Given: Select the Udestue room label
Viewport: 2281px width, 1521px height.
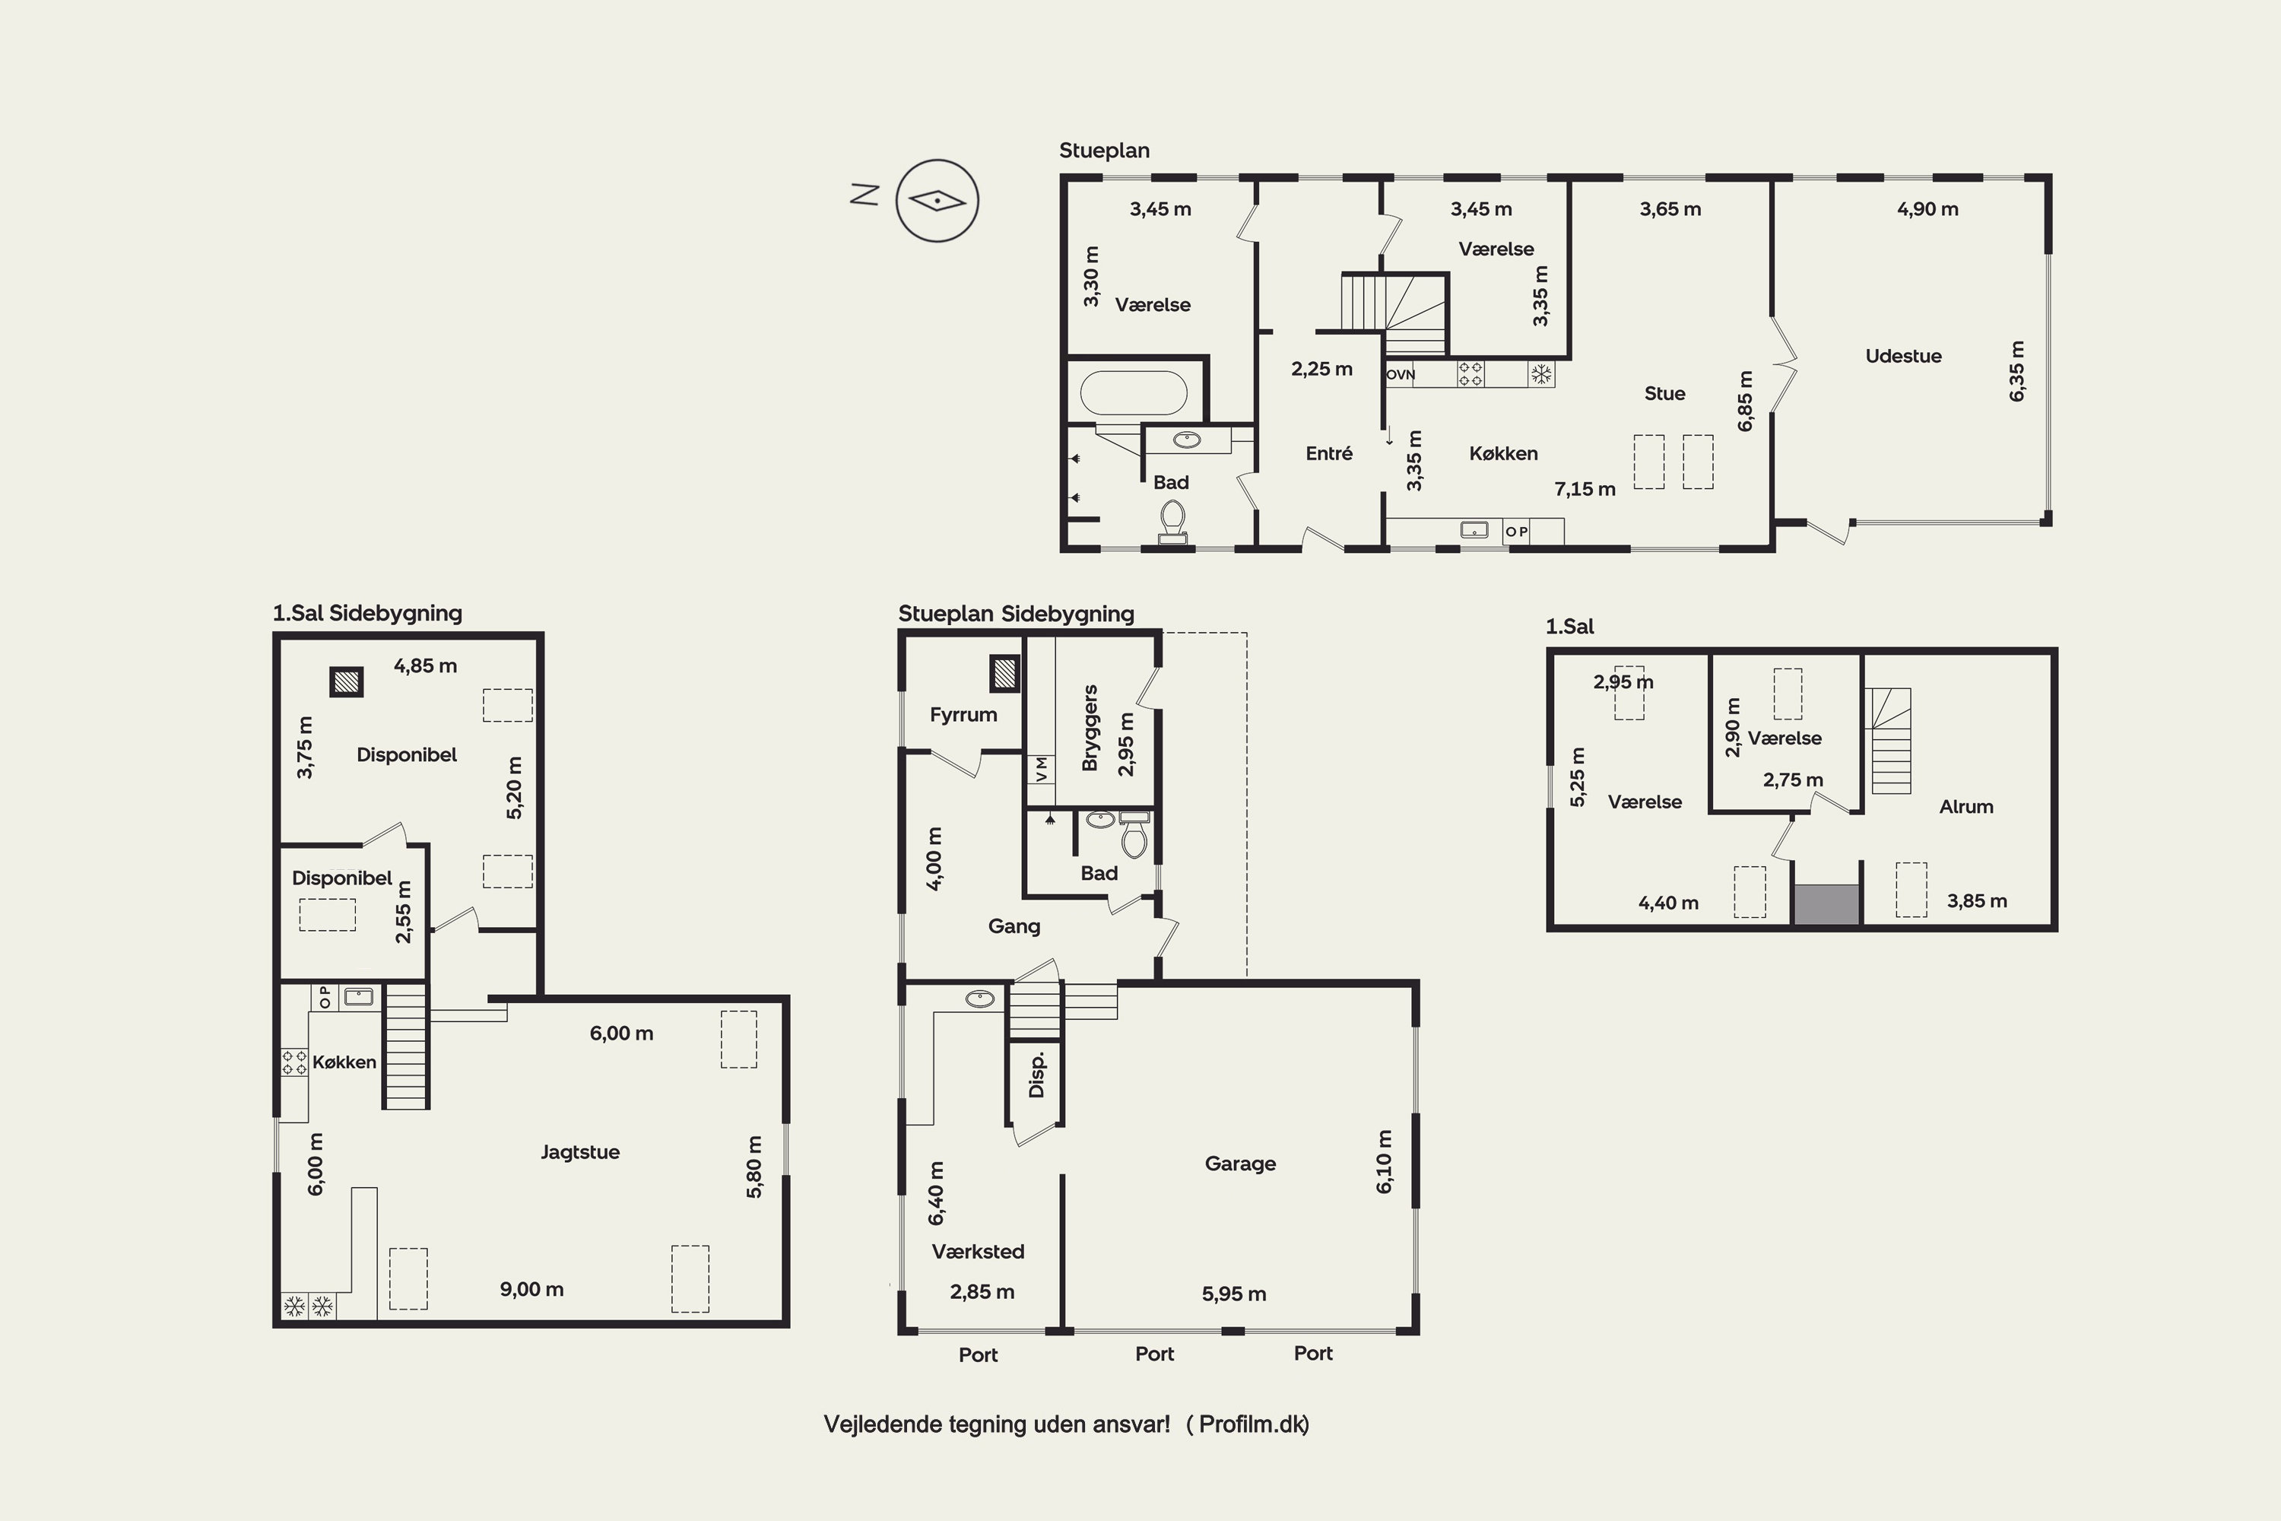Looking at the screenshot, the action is point(1903,356).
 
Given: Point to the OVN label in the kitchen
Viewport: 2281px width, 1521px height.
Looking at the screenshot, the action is point(1401,374).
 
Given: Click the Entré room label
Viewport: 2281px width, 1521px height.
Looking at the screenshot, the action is point(1328,453).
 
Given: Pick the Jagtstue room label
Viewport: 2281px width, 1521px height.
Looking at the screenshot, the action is point(580,1152).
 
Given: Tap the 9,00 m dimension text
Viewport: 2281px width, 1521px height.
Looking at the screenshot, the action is point(531,1289).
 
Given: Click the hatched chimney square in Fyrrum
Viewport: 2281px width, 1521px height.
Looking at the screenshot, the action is point(1004,673).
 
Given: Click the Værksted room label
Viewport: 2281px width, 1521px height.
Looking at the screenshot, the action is point(978,1251).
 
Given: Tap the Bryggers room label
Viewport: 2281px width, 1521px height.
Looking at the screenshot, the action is point(1090,728).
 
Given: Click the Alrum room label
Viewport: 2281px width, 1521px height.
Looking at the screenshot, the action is point(1965,807).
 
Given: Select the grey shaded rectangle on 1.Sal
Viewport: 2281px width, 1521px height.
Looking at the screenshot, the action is point(1826,904).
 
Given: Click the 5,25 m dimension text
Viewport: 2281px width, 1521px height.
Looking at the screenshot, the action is point(1578,777).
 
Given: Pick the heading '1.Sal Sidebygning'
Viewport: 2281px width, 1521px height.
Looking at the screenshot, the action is point(367,613).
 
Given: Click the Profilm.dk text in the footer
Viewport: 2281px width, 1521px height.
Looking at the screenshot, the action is point(1253,1424).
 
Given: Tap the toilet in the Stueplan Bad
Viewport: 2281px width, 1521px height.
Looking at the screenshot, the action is point(1172,522).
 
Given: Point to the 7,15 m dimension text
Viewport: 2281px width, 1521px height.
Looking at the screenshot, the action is point(1585,490).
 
